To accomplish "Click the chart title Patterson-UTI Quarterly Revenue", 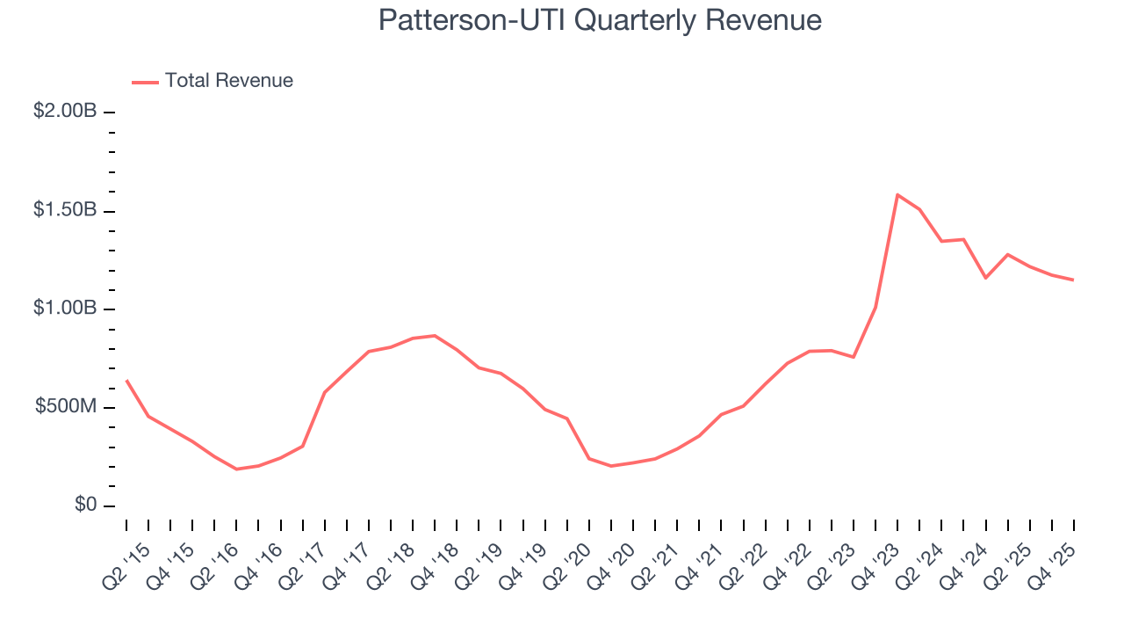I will tap(600, 21).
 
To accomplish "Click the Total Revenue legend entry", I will tap(228, 81).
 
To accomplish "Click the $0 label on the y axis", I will tap(85, 506).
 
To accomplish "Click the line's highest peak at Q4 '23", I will tap(897, 194).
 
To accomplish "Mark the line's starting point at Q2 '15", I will tap(126, 380).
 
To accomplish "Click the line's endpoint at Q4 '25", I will tap(1073, 280).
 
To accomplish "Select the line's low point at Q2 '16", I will tap(236, 469).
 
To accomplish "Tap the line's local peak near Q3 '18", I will tap(435, 335).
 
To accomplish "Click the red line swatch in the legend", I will tap(145, 82).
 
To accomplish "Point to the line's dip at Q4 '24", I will tap(985, 278).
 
